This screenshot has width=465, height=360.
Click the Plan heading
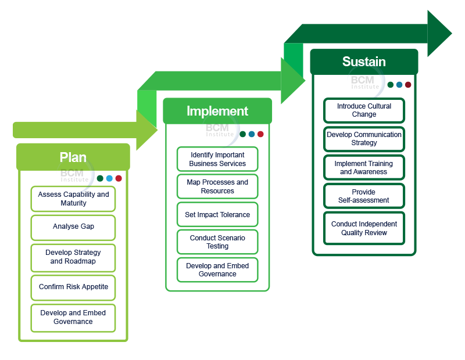coord(73,157)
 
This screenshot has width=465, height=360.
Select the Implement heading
coord(217,111)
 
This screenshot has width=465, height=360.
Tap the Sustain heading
coord(364,62)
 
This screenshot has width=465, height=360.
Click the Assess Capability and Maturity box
coord(73,199)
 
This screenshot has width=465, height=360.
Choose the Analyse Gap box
coord(73,227)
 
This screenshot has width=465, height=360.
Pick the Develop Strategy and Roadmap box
coord(73,257)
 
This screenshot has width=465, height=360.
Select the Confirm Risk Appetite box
coord(73,287)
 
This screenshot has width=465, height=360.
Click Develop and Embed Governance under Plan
coord(73,318)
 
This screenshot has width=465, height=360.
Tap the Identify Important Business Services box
coord(217,159)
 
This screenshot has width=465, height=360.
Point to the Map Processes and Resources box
coord(217,186)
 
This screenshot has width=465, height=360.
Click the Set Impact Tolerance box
coord(217,215)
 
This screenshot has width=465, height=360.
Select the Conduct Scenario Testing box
coord(217,242)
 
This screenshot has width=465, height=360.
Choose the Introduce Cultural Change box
coord(364,110)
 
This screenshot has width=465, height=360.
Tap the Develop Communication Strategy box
coord(364,139)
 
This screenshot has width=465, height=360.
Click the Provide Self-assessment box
coord(364,196)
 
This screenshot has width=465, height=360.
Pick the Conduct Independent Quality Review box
coord(364,228)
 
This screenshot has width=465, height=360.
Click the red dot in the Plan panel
coord(119,179)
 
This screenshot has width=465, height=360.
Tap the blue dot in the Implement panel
coord(252,134)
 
